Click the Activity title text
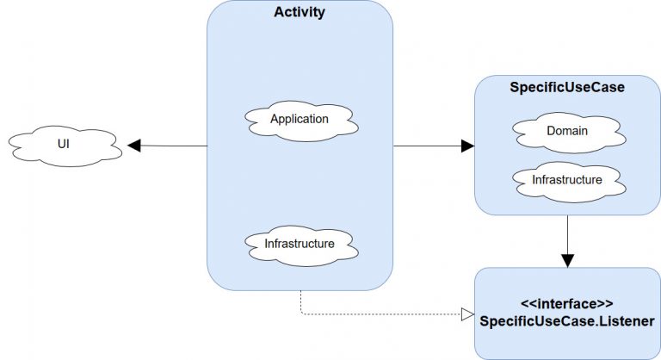click(300, 12)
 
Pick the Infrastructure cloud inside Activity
click(300, 245)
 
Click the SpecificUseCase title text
click(567, 87)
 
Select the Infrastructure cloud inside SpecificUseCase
click(567, 182)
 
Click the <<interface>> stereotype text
click(567, 304)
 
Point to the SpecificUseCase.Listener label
click(567, 320)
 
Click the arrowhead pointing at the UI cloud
click(134, 146)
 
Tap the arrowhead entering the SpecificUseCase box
click(467, 146)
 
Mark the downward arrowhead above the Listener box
click(567, 260)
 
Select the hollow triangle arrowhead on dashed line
click(467, 314)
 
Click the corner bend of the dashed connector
click(300, 314)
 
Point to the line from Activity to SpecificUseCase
click(427, 146)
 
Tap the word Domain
click(567, 131)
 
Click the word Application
click(300, 119)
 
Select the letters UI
click(64, 143)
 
